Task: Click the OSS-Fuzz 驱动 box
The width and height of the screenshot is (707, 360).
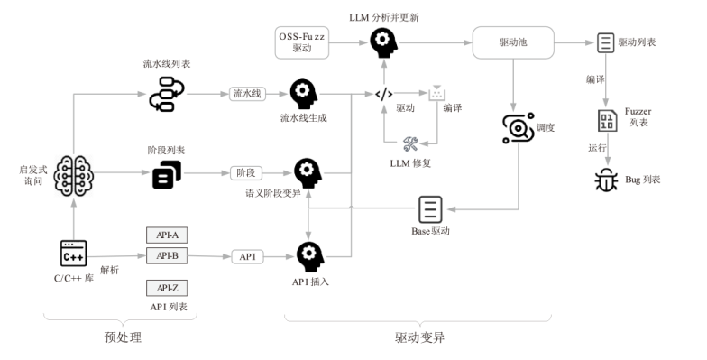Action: (301, 42)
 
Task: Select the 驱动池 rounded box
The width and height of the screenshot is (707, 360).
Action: (513, 42)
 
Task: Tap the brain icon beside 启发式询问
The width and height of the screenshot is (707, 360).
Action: (74, 175)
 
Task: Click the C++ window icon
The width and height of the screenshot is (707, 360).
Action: (74, 253)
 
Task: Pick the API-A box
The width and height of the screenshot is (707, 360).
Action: (167, 235)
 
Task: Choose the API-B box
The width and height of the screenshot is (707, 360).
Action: (167, 256)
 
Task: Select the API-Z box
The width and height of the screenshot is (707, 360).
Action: (167, 288)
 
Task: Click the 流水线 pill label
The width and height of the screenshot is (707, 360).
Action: (247, 94)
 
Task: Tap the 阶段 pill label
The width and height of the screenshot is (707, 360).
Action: (246, 173)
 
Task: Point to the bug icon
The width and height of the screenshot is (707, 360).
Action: (606, 180)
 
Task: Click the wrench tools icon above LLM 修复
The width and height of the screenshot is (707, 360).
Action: (410, 144)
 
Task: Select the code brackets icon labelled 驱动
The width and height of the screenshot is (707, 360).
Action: (384, 94)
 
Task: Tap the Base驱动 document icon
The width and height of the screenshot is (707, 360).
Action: (430, 209)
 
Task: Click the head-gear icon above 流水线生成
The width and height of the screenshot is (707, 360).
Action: (303, 94)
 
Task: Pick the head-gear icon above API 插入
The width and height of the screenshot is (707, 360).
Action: (310, 257)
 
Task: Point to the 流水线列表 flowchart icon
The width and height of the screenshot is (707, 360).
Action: (167, 94)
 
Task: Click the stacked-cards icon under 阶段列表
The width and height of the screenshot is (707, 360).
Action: (167, 175)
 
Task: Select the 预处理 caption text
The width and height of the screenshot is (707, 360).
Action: (123, 337)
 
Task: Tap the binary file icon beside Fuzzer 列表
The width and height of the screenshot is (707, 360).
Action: (608, 121)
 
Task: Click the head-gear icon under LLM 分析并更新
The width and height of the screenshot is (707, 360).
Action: (384, 43)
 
